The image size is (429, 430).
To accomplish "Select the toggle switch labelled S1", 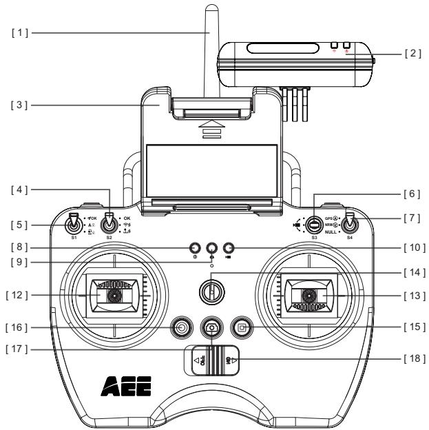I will point(74,224).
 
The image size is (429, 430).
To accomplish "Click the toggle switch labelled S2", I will point(109,223).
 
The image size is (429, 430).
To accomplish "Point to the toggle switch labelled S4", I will point(349,224).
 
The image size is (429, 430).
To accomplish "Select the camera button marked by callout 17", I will point(211,328).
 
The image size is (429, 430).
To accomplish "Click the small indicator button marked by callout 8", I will point(195,247).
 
